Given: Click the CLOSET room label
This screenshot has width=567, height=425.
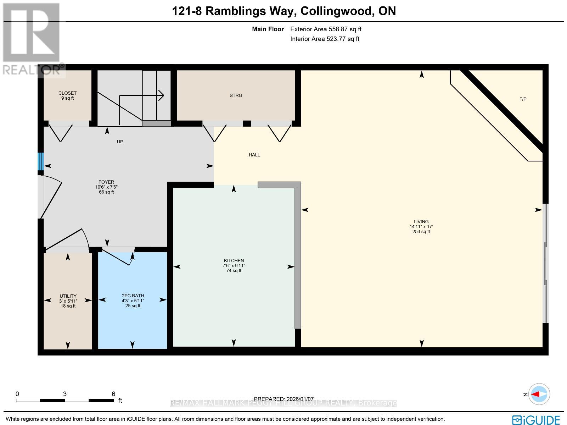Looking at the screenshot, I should tap(67, 93).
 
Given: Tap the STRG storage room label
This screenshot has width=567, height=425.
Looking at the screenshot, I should tap(236, 95).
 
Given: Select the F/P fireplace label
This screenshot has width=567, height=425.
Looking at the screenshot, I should tap(523, 99).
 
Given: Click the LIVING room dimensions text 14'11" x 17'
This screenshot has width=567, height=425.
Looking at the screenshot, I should tap(421, 227).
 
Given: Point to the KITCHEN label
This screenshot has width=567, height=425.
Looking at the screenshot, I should tap(234, 260).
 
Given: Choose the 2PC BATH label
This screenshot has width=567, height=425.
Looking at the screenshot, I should tap(133, 296).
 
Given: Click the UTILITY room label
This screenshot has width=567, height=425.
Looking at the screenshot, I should tap(68, 296).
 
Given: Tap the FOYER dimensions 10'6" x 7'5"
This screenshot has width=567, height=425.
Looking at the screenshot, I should tap(106, 187).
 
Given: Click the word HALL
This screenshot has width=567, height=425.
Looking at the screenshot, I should tap(254, 155).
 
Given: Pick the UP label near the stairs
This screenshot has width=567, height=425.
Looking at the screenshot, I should tap(120, 142).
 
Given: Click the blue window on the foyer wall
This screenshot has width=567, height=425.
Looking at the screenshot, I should tap(41, 161).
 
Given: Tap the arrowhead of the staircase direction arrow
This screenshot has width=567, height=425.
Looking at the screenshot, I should tap(162, 95).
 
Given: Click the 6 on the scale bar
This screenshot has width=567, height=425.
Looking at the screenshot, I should tap(113, 394).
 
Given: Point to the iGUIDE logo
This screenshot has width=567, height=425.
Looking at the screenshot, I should tap(536, 420).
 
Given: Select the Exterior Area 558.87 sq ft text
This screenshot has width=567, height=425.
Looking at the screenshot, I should tap(326, 29).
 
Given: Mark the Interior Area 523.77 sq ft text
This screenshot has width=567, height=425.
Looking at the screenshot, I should tap(325, 39).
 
